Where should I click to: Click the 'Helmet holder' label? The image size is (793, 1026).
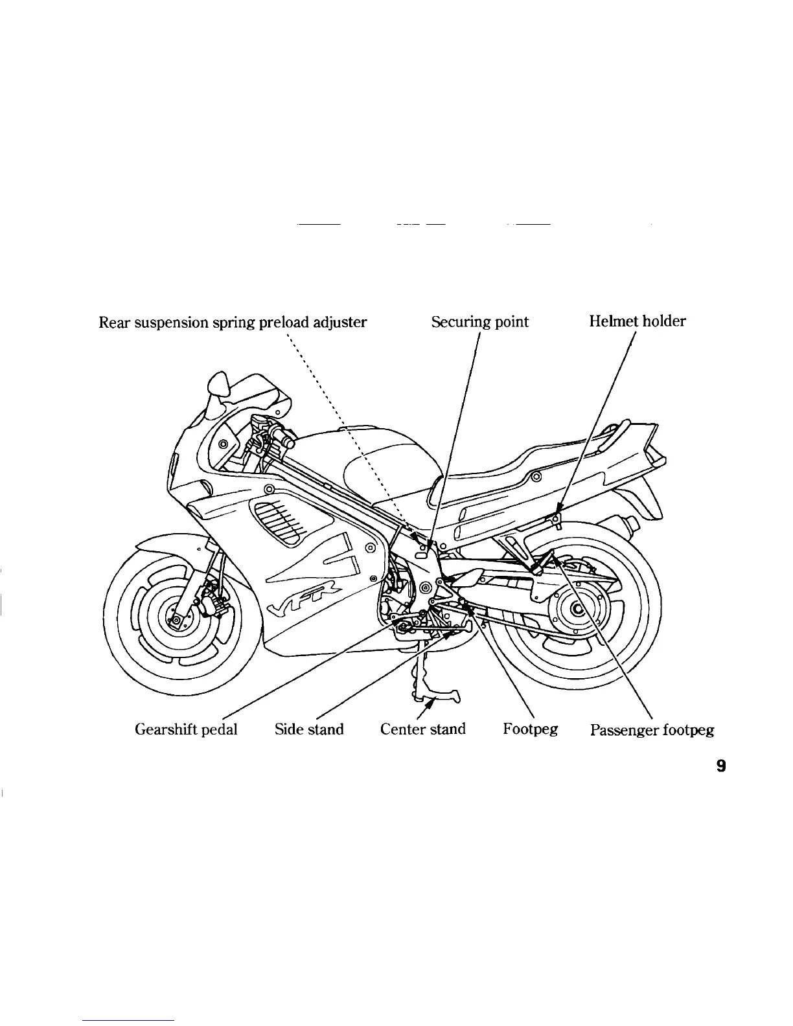click(x=637, y=321)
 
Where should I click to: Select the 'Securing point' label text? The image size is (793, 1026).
click(x=479, y=322)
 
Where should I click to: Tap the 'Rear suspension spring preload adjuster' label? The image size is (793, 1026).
click(x=233, y=322)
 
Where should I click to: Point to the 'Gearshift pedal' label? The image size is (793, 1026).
click(x=186, y=729)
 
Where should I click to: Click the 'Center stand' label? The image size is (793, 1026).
click(x=422, y=729)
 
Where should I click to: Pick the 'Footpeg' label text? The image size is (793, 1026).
click(x=530, y=729)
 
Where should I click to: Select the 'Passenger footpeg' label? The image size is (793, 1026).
click(x=652, y=731)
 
